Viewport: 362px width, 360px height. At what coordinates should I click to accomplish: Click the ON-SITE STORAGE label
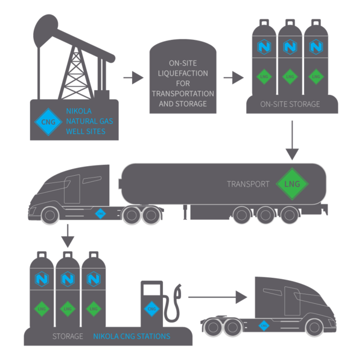click(x=291, y=104)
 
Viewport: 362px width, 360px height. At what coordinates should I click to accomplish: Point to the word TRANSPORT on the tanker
click(x=248, y=184)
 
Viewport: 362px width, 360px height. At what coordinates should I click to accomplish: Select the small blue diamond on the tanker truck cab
click(x=101, y=213)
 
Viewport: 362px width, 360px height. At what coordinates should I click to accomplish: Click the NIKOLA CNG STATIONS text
click(x=131, y=336)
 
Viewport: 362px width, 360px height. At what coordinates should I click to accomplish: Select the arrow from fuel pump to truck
click(x=217, y=297)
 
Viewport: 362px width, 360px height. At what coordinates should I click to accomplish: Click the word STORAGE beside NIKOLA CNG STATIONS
click(x=68, y=336)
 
